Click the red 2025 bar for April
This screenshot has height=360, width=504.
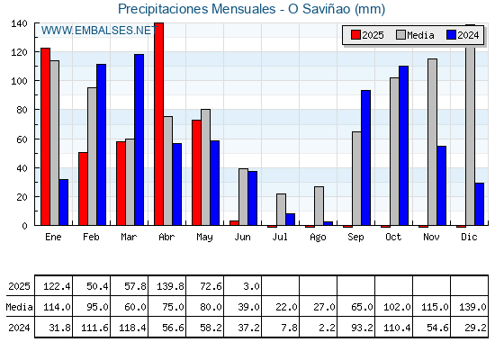(x=158, y=124)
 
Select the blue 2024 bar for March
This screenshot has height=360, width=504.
(x=139, y=139)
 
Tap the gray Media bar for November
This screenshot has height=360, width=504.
(x=432, y=142)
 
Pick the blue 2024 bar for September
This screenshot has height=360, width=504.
(x=365, y=157)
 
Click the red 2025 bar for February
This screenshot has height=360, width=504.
(x=83, y=189)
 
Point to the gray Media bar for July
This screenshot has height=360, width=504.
(x=281, y=210)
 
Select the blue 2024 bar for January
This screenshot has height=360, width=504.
(x=64, y=202)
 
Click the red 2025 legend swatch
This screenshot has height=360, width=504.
(x=355, y=35)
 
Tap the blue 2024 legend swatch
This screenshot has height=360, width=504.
(x=451, y=35)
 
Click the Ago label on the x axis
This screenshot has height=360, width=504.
(x=318, y=238)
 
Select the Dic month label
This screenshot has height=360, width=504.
(x=469, y=237)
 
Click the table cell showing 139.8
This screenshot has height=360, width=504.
(x=170, y=286)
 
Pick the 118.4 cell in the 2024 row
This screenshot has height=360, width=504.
(x=132, y=328)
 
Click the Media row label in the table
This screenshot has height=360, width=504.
(x=19, y=307)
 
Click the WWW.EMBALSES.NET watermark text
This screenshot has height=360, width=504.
(x=99, y=31)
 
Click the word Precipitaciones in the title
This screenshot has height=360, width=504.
(x=163, y=9)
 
